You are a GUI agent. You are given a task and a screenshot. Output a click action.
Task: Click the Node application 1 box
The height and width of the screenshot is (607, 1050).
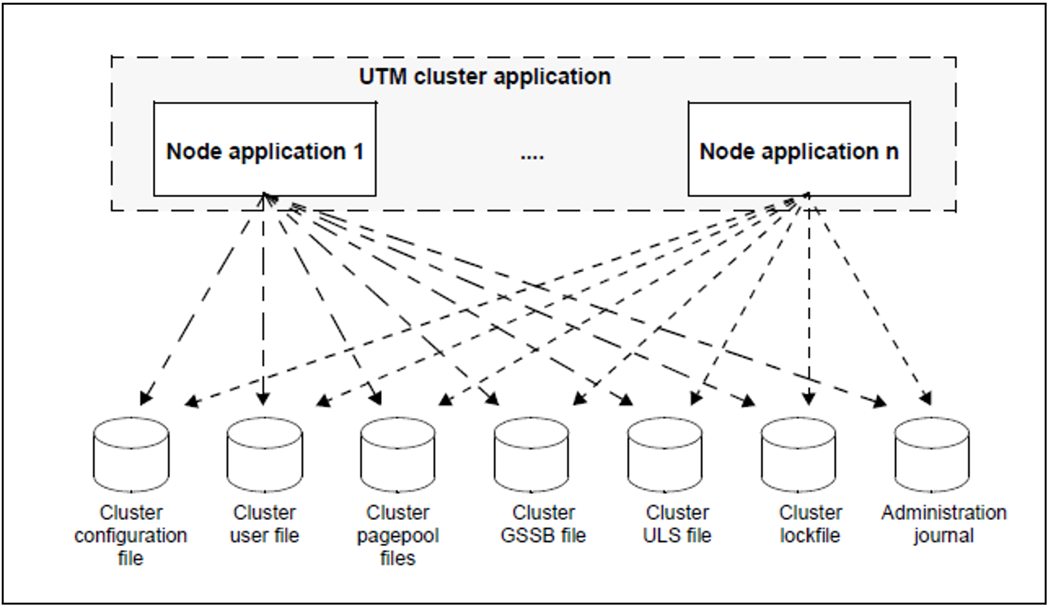265,149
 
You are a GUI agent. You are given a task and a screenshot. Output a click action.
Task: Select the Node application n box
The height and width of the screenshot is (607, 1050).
799,149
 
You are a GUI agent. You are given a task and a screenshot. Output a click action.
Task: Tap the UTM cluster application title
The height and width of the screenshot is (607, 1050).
485,77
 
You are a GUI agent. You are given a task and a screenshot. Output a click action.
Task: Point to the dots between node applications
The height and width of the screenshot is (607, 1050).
532,157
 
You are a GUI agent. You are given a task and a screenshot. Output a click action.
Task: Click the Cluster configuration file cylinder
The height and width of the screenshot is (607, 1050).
131,455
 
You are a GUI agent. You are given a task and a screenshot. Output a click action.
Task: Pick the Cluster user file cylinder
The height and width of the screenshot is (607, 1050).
265,455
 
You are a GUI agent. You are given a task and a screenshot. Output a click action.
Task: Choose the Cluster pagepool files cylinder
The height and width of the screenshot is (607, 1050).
398,455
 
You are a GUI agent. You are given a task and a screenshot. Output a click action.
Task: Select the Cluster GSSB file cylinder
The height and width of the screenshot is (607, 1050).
531,455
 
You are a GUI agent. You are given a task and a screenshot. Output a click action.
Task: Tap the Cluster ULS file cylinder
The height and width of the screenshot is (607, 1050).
665,455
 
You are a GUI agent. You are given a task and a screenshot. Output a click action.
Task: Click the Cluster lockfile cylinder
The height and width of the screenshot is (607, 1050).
798,455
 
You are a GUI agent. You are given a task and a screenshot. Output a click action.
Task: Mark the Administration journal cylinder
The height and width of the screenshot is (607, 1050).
932,455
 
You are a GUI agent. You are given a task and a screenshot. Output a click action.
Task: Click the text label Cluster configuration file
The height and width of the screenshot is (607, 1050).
131,535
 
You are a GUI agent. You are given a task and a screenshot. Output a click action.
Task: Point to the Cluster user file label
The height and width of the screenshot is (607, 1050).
265,524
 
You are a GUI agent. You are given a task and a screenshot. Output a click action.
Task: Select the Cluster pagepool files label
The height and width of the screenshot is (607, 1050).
398,535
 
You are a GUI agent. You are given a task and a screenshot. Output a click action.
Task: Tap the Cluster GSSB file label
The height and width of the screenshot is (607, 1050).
543,524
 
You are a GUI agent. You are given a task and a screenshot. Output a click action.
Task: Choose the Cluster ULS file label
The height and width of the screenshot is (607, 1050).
677,524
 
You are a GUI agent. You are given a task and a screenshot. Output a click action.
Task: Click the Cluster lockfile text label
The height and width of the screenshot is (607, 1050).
810,524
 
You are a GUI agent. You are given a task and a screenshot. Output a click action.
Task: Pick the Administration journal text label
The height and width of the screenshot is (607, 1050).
944,524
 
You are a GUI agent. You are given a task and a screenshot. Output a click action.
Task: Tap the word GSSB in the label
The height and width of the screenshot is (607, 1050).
526,536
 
